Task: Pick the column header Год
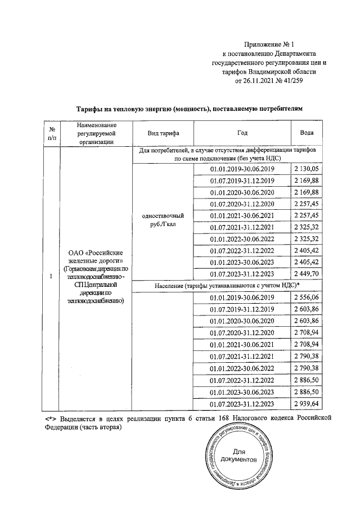241,133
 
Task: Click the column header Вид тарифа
163,133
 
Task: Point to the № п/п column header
52,133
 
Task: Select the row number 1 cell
52,276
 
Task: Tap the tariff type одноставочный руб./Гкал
163,219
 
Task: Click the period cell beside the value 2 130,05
241,169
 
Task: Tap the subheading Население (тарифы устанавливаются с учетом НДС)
228,286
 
